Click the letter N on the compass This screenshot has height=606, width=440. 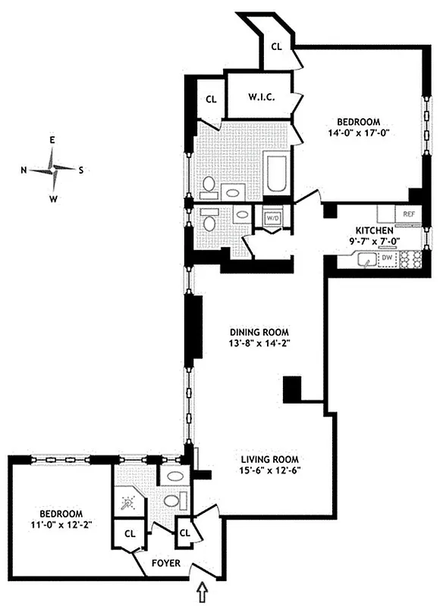click(24, 170)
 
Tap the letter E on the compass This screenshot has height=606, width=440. click(52, 140)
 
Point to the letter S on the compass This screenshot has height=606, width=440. click(81, 170)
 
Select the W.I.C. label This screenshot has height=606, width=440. click(260, 96)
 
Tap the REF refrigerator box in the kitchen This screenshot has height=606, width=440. click(408, 214)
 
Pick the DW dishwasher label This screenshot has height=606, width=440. click(388, 259)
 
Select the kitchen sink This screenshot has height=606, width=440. click(367, 261)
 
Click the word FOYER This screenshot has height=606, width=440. click(165, 564)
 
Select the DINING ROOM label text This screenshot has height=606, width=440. click(260, 332)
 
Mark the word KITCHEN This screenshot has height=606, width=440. click(375, 230)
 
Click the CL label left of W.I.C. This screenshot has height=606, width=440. click(212, 98)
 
